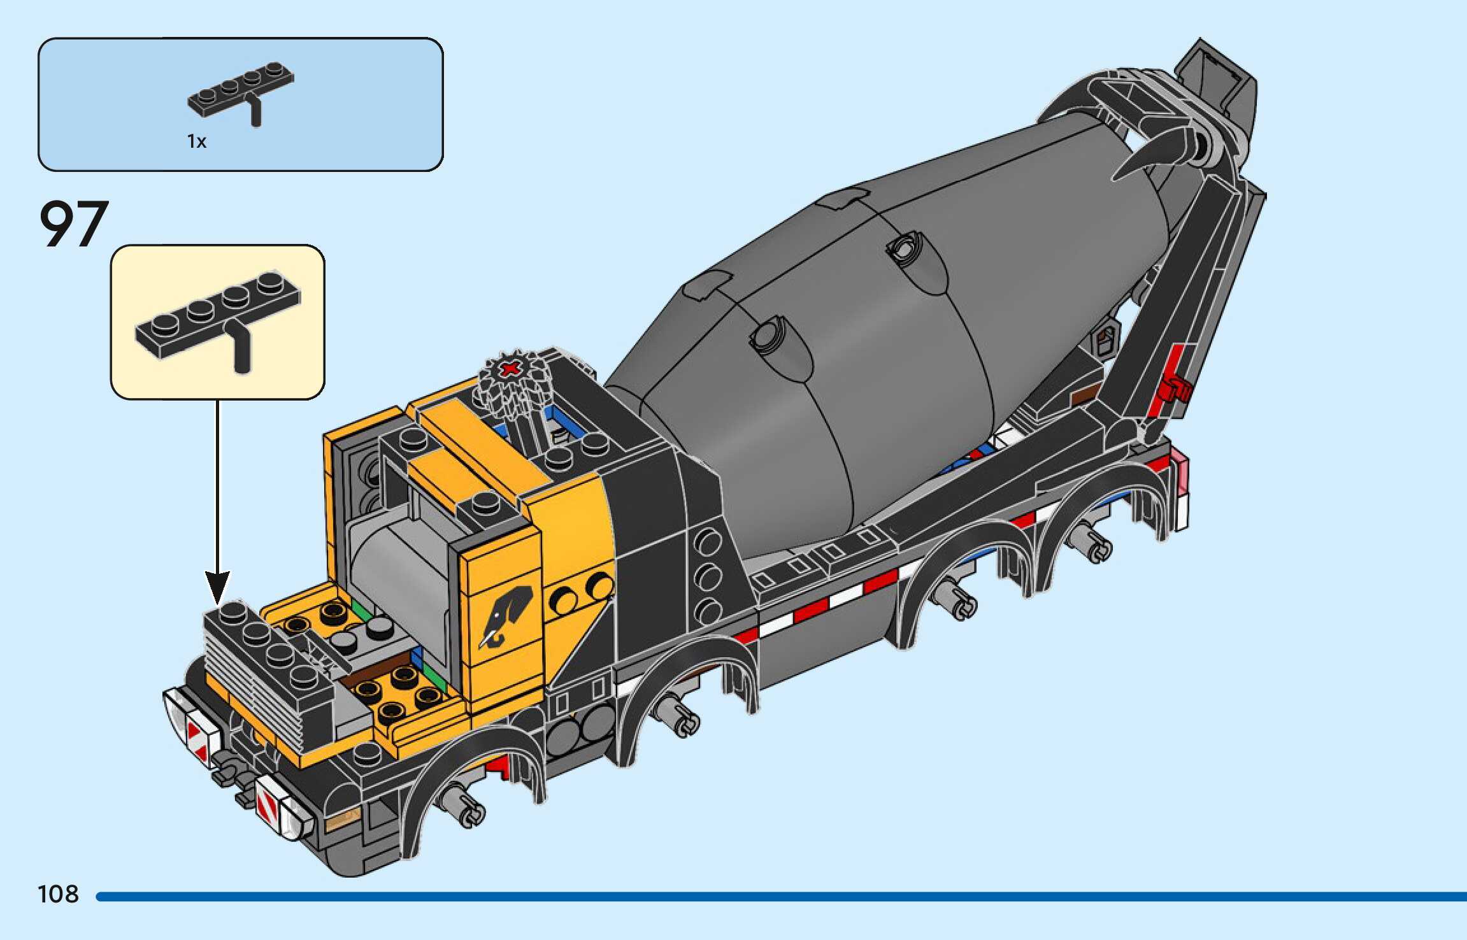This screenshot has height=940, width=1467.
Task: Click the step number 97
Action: coord(74,224)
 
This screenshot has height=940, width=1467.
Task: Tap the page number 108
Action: coord(58,894)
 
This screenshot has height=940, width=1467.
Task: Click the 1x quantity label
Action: coord(197,141)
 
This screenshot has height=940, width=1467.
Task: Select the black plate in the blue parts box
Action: coord(241,93)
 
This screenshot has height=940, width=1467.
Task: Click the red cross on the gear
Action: coord(510,369)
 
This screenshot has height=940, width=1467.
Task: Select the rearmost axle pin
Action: coord(1094,546)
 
